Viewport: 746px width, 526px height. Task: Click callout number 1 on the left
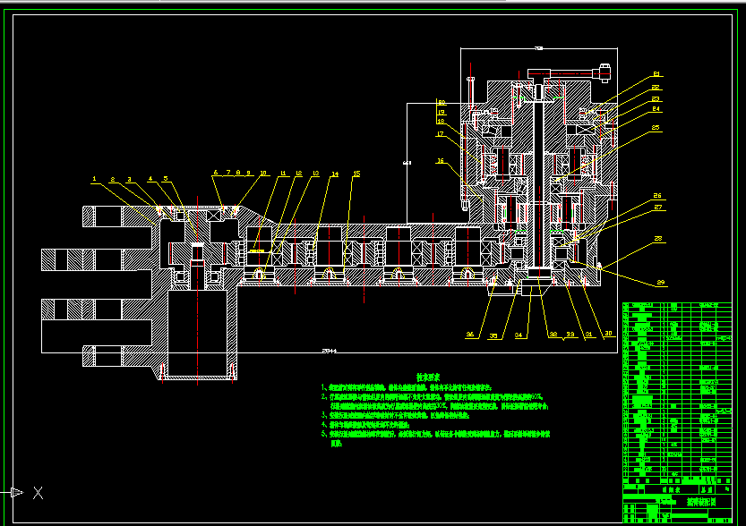click(x=93, y=179)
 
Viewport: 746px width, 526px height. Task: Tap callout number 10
click(x=263, y=173)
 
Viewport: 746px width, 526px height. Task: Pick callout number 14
click(x=335, y=174)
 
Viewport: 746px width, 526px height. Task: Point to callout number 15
click(x=356, y=173)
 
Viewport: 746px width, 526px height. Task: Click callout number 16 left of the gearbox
click(x=440, y=161)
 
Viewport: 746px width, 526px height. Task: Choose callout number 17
click(x=440, y=134)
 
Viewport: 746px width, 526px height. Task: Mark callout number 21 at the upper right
click(x=656, y=74)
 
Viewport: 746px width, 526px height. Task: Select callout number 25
click(x=656, y=128)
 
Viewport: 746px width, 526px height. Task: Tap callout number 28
click(x=658, y=239)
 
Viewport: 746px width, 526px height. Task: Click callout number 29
click(x=661, y=283)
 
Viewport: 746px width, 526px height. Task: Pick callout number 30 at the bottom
click(x=609, y=334)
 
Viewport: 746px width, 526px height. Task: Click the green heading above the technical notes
click(x=424, y=378)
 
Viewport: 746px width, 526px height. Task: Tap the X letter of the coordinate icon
click(x=38, y=492)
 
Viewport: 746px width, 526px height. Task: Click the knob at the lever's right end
click(x=605, y=68)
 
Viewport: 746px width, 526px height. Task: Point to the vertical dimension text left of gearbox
click(x=407, y=164)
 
